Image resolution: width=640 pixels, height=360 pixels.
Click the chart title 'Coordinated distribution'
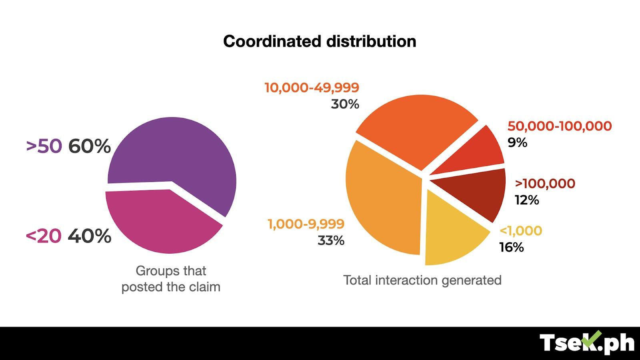pos(320,41)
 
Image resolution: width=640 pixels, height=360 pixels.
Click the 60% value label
pos(89,146)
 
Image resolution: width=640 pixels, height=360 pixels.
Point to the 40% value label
pos(89,236)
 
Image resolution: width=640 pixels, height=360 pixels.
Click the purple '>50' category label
pos(44,146)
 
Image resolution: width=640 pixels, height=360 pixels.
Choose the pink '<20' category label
pos(44,236)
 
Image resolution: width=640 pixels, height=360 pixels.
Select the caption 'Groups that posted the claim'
pos(171,279)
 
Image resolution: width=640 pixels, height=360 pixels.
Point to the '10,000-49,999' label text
pos(312,88)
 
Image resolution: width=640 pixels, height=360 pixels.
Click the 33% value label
pos(331,240)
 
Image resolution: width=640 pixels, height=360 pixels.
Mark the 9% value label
pos(517,142)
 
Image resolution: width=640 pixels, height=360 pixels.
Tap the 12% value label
pos(527,200)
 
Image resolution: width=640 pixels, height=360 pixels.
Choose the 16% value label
pos(511,247)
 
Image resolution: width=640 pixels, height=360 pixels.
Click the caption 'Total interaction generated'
pos(422,280)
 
